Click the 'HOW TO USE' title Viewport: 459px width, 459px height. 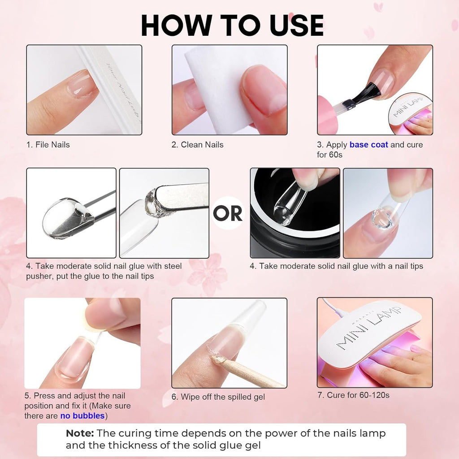(232, 25)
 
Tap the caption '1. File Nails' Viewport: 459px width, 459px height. (48, 145)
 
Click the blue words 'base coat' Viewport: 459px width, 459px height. (369, 145)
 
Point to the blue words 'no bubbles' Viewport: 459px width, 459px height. (82, 416)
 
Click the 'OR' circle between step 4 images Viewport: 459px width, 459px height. (228, 214)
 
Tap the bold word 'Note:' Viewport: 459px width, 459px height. (80, 433)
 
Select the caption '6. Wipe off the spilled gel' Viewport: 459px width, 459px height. (218, 397)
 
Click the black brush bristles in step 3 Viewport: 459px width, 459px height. (368, 94)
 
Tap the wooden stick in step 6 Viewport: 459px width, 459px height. (251, 373)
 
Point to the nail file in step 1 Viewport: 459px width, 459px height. (112, 90)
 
